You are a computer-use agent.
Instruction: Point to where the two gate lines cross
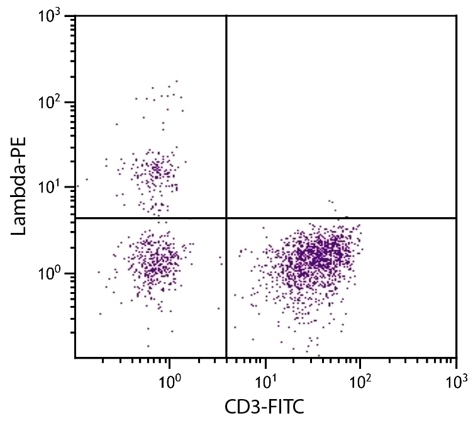226,218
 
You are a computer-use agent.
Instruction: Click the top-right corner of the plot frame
456,16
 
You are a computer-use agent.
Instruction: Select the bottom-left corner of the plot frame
75,358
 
